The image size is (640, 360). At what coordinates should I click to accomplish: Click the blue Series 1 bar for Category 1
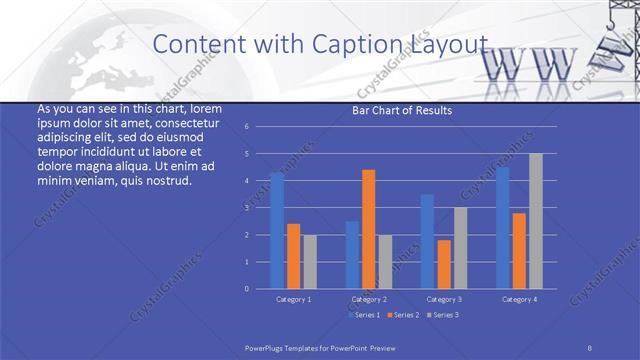[x=277, y=230]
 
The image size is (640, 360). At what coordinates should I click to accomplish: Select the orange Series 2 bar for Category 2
[x=368, y=229]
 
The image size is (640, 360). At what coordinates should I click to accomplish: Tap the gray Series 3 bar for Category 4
[x=536, y=221]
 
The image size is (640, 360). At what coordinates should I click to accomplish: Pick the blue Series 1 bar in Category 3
[x=427, y=241]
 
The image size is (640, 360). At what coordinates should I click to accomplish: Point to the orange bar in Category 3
[x=444, y=264]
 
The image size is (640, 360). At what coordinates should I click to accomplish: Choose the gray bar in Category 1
[x=309, y=261]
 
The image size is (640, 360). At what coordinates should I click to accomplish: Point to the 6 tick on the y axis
[x=246, y=127]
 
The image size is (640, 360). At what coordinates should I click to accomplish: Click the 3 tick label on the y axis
[x=246, y=208]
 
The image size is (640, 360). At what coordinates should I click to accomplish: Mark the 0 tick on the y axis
[x=246, y=289]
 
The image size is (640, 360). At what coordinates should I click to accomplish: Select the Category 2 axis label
[x=368, y=299]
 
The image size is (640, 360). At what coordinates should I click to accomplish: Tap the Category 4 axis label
[x=519, y=299]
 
